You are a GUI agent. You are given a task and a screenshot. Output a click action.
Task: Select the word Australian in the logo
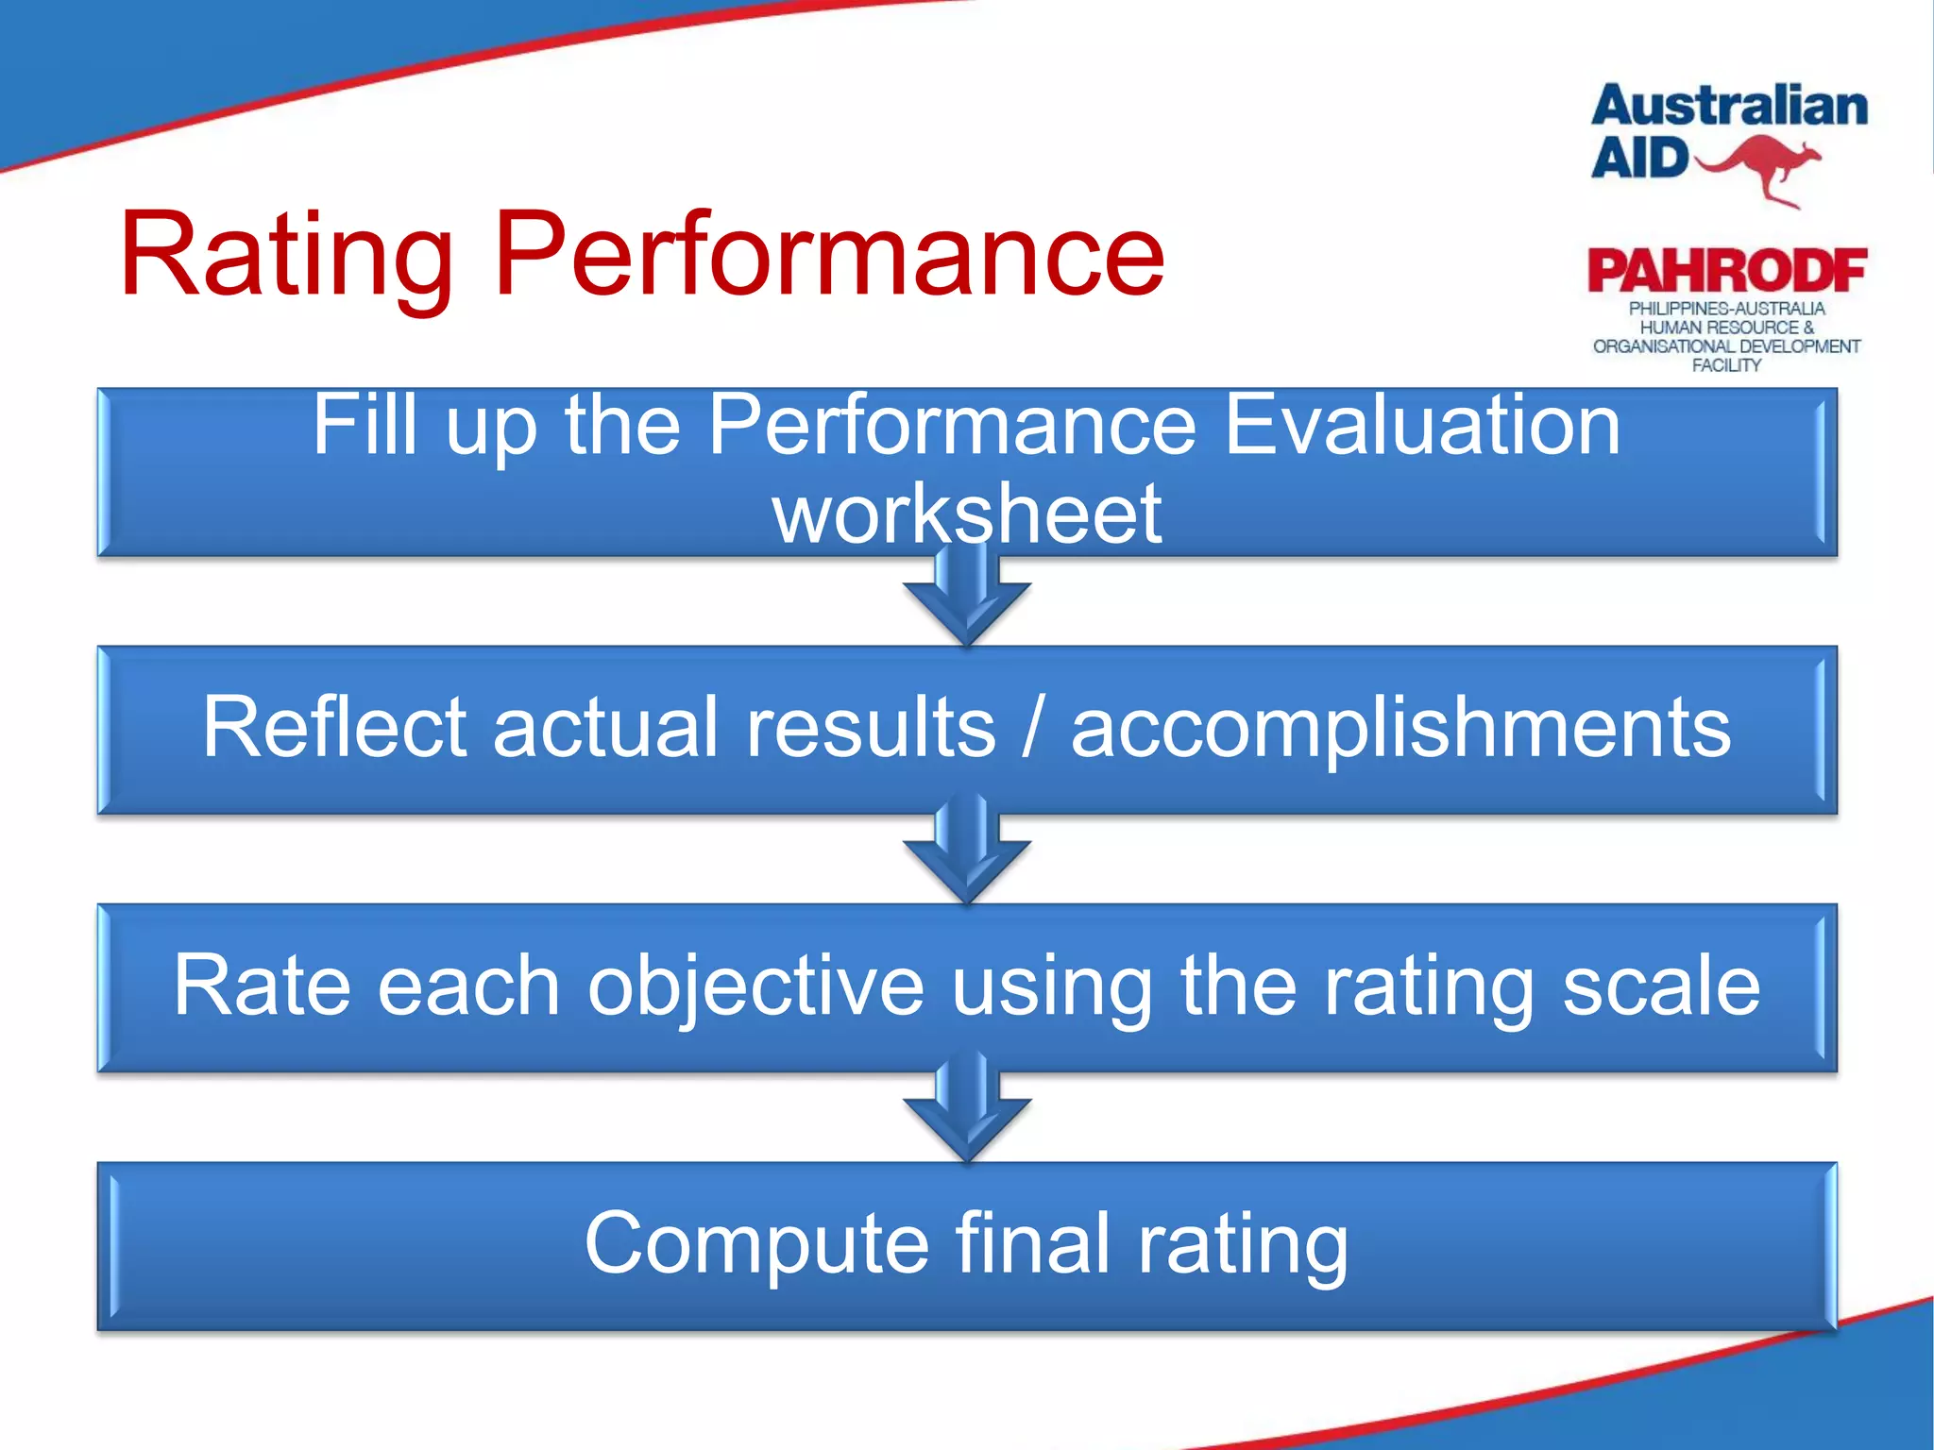tap(1729, 106)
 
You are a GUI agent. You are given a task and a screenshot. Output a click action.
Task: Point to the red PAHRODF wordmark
tap(1726, 271)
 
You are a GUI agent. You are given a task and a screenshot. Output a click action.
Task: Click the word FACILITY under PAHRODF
tap(1726, 365)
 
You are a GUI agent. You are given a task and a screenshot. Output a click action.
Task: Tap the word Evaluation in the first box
tap(1421, 426)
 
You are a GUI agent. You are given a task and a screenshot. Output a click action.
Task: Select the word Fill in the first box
tap(365, 426)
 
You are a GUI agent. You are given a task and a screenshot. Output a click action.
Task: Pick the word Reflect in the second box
tap(334, 726)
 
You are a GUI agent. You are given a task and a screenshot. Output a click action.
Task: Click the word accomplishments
tap(1400, 728)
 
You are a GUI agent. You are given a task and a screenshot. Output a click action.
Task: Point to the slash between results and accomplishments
tap(1034, 728)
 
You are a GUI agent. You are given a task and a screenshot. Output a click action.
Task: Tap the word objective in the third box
tap(755, 986)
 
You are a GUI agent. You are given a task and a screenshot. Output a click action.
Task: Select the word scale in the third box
tap(1661, 986)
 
